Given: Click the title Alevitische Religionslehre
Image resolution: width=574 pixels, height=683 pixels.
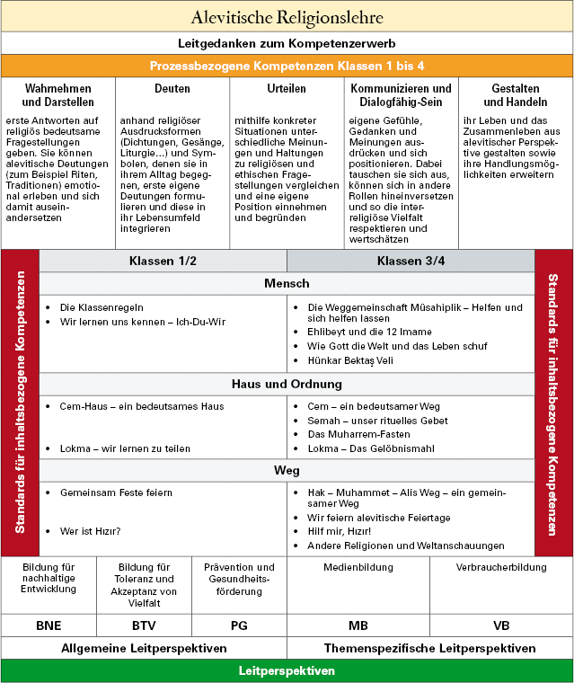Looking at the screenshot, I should click(x=287, y=17).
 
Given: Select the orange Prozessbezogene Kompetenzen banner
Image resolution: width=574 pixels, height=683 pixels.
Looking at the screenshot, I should click(x=287, y=67).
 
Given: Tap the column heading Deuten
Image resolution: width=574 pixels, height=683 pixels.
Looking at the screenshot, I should click(x=172, y=89).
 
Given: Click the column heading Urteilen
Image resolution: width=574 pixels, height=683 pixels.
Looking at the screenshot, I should click(x=287, y=89).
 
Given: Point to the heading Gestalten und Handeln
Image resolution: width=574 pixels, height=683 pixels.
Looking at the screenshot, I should click(x=516, y=95).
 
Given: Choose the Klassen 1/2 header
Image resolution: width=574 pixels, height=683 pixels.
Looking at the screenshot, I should click(x=163, y=261).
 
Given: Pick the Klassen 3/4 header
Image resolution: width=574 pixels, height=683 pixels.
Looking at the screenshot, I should click(x=411, y=261).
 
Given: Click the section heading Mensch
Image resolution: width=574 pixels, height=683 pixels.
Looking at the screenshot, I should click(x=287, y=284).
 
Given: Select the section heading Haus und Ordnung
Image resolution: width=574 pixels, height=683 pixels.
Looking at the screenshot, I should click(x=287, y=384).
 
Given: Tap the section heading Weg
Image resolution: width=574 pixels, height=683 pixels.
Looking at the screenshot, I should click(x=287, y=470).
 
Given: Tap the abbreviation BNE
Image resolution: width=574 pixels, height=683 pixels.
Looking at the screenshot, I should click(x=49, y=625).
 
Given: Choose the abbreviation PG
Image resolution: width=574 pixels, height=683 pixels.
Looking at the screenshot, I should click(x=239, y=625).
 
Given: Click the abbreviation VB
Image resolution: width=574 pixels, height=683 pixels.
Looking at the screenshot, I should click(x=501, y=625).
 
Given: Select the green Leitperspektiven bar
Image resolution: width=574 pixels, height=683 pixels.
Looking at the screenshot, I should click(x=287, y=671).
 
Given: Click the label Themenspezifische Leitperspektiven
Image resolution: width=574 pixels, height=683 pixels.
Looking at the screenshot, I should click(x=429, y=648).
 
